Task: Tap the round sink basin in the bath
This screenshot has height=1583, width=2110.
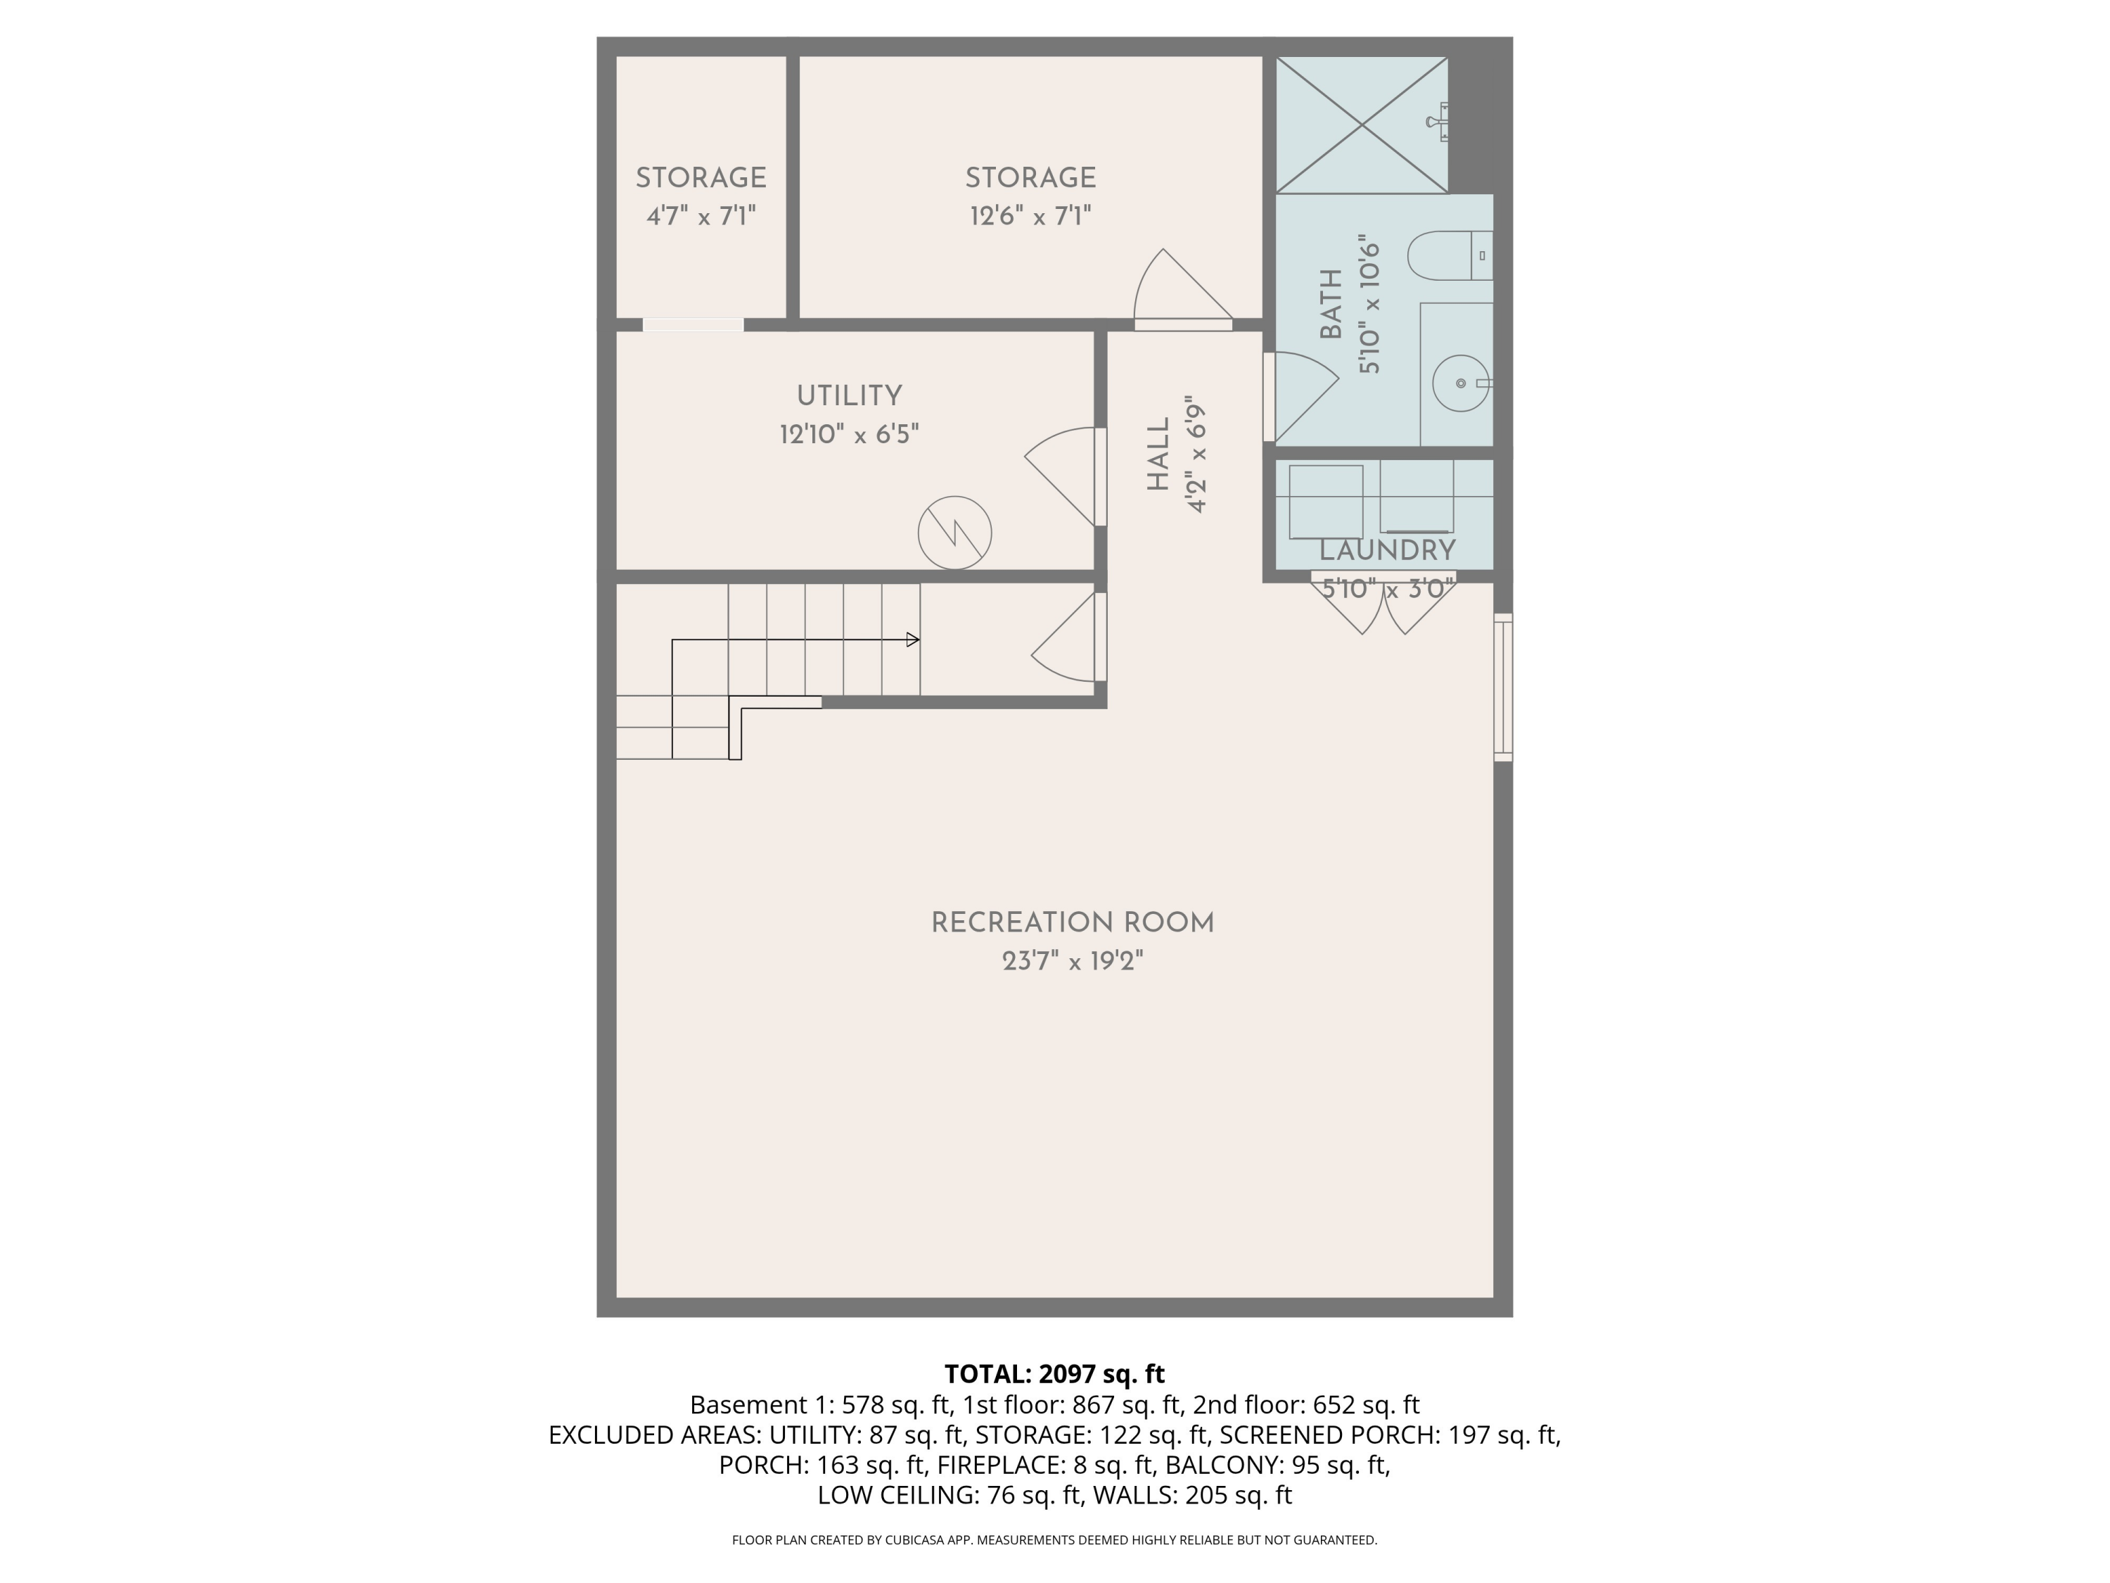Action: pos(1460,383)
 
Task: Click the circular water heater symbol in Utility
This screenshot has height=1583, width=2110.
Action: pos(954,533)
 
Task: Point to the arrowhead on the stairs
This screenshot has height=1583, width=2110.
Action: pos(913,640)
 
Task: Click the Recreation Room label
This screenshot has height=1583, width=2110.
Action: pos(1072,922)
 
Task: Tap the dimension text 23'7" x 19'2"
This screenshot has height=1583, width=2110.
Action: pos(1072,961)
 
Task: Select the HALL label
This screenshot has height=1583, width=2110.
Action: pos(1158,454)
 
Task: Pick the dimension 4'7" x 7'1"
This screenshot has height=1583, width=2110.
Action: pos(701,217)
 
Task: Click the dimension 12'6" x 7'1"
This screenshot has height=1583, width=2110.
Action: pos(1030,217)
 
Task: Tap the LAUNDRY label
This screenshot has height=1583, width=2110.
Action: pos(1387,551)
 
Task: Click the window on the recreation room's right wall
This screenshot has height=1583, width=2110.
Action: pos(1502,687)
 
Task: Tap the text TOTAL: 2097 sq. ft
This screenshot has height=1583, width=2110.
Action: pos(1054,1374)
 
